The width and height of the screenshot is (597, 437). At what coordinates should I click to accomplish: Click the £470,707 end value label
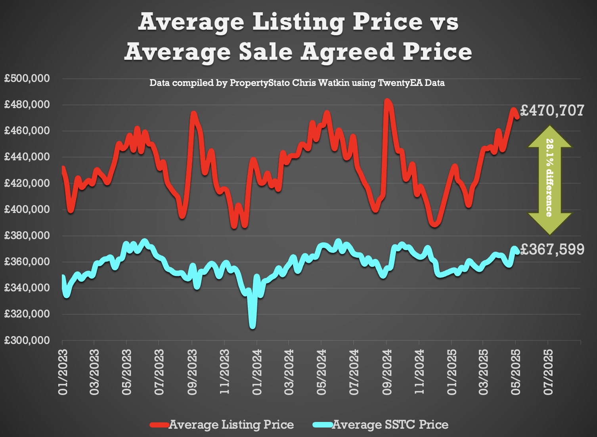552,110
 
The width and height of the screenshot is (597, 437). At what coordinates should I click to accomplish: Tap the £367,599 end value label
552,249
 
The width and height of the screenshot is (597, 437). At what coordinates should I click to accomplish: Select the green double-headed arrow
550,180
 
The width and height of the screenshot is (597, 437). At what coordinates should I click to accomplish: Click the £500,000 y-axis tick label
27,78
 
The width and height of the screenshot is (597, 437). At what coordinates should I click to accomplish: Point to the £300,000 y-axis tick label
27,340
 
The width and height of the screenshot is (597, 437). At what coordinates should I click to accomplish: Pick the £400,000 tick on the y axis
27,209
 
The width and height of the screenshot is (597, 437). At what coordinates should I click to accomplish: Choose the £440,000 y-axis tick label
27,157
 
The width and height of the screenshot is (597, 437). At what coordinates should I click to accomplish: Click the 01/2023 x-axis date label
63,372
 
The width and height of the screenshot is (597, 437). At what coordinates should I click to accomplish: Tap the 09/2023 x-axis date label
192,372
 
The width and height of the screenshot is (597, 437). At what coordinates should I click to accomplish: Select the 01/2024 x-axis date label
257,372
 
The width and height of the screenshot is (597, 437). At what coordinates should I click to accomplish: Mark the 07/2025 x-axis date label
548,372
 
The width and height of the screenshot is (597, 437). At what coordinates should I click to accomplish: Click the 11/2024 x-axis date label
419,372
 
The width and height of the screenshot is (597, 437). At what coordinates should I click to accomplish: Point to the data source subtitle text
297,83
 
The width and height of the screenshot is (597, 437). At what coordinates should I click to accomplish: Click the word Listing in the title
298,22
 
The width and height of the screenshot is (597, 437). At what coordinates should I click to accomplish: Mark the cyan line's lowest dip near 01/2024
253,325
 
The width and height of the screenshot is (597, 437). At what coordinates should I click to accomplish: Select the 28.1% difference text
550,178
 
